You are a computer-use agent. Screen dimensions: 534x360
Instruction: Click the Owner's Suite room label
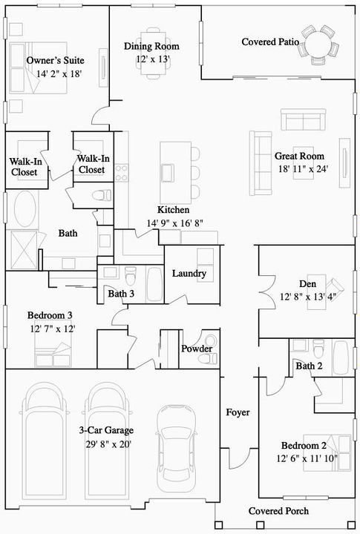pos(54,60)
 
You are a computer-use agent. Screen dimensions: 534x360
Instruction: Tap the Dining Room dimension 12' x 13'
pos(153,59)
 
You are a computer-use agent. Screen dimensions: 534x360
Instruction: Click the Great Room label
pos(300,156)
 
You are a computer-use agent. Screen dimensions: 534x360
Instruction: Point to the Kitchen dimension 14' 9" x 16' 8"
pos(174,222)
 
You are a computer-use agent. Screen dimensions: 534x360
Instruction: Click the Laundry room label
pos(189,274)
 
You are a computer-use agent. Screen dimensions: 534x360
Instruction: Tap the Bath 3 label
pos(122,294)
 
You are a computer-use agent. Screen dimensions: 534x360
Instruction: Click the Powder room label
pos(197,349)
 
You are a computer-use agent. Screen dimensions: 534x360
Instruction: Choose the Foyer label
pos(238,412)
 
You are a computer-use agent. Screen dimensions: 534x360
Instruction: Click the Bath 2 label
pos(309,366)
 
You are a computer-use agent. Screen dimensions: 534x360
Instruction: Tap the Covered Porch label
pos(278,511)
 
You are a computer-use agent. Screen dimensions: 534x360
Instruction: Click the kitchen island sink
pos(168,172)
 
